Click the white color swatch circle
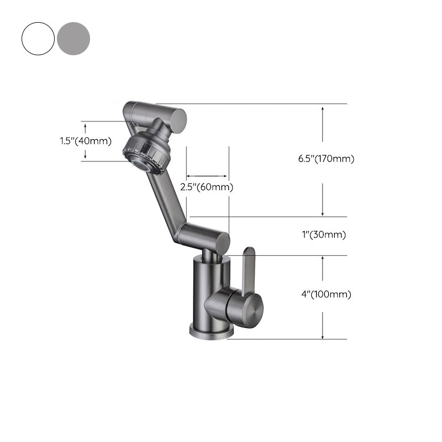38,38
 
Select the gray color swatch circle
73,38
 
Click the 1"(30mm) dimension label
323,235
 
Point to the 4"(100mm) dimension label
326,294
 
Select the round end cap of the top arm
178,119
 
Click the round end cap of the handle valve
254,307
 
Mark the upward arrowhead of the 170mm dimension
323,109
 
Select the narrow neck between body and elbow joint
207,254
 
